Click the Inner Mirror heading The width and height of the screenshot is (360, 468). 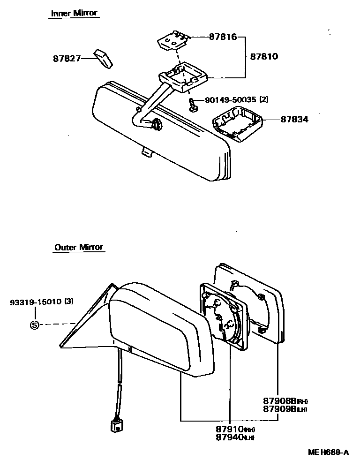pos(74,13)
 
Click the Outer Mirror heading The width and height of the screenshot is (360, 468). pos(78,247)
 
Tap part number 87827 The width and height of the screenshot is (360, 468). pos(67,59)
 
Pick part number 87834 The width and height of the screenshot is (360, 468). pos(295,120)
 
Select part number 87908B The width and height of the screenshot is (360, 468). pos(279,401)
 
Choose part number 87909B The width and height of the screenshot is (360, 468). pos(279,409)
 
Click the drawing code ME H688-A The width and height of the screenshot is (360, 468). pos(328,453)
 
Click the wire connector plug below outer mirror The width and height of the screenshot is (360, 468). pos(116,426)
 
